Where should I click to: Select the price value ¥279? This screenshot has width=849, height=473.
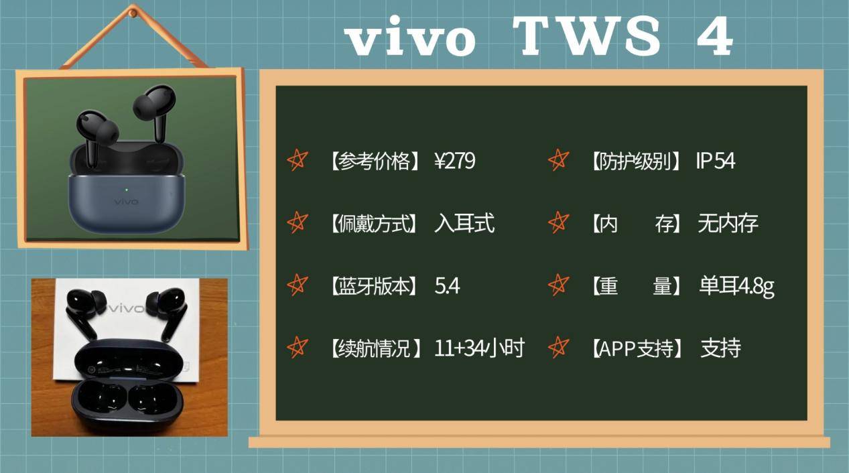tap(454, 161)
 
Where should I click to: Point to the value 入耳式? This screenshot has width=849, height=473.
tap(464, 222)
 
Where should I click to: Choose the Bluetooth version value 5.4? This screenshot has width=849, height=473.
tap(447, 286)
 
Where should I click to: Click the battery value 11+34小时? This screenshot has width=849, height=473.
tap(479, 348)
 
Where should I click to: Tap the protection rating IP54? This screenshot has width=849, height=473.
tap(715, 161)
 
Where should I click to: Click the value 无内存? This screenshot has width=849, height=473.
tap(728, 223)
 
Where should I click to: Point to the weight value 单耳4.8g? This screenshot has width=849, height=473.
tap(736, 287)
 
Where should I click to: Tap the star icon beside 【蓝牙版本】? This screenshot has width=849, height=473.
tap(297, 285)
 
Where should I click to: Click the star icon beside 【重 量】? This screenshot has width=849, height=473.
tap(558, 285)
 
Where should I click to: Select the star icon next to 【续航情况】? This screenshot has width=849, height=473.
tap(297, 348)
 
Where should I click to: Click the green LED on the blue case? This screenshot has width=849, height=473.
tap(126, 188)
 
